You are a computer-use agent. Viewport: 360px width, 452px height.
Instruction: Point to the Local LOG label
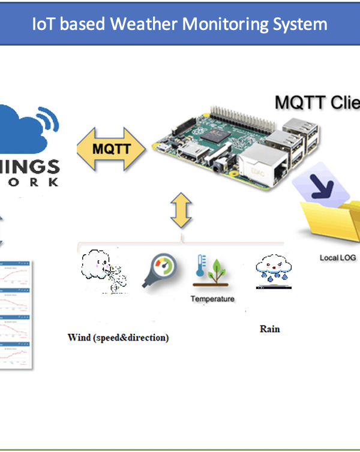[338, 258]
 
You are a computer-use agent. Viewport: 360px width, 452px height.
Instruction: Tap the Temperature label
[212, 299]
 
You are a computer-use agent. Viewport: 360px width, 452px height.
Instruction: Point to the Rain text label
[269, 329]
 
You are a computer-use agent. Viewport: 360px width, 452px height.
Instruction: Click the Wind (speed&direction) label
[118, 338]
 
